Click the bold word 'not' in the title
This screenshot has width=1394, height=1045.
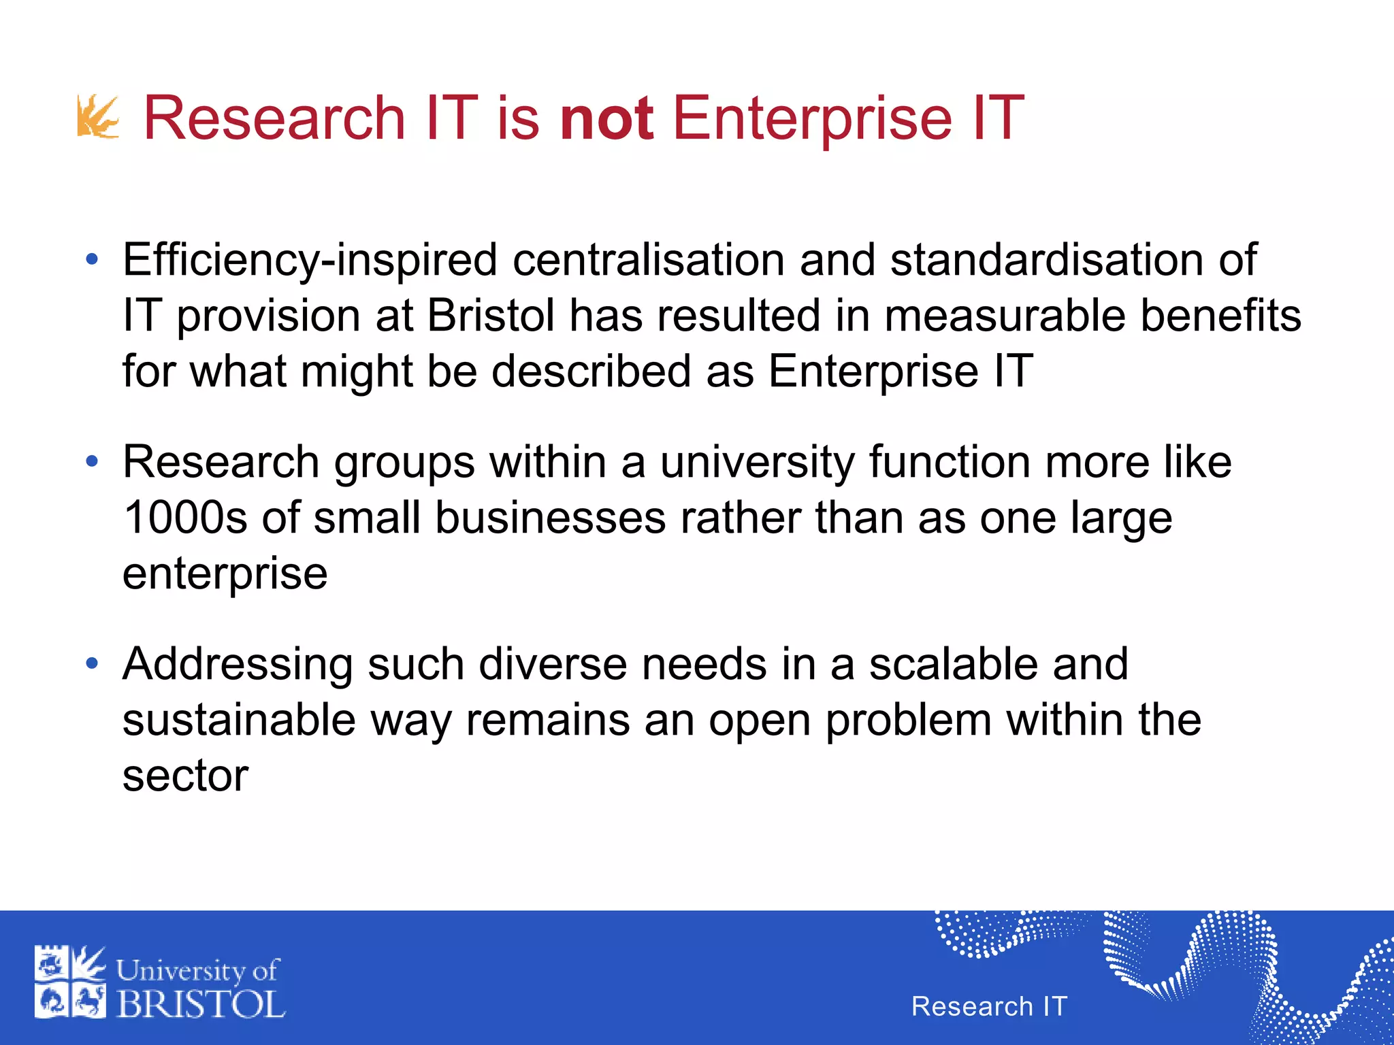tap(606, 118)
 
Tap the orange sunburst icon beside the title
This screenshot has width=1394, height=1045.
tap(98, 117)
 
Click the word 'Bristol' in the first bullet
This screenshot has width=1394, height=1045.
tap(491, 316)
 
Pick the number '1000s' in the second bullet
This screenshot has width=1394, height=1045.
tap(185, 518)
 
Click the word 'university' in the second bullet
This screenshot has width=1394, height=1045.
tap(757, 463)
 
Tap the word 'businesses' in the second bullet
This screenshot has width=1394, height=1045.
tap(550, 518)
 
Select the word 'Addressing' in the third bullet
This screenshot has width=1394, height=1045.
tap(238, 665)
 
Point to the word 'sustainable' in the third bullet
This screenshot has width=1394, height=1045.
tap(239, 720)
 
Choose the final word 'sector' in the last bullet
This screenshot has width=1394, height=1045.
tap(185, 776)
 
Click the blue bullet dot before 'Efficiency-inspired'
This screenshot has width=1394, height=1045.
tap(93, 260)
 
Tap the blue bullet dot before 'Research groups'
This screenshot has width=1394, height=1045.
tap(93, 463)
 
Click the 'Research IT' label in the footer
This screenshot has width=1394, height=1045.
tap(989, 1006)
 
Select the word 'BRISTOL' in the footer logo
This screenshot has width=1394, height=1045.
tap(201, 1004)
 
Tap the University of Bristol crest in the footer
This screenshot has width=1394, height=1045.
tap(70, 982)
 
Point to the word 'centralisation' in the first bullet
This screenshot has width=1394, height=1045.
tap(649, 261)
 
